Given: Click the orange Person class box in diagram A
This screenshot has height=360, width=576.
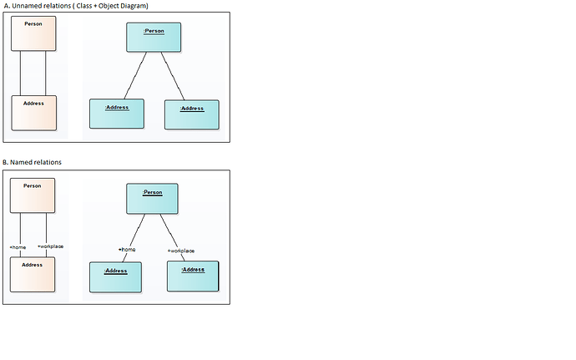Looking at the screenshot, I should coord(33,33).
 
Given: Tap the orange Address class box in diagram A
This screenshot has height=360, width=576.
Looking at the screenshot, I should coord(33,113).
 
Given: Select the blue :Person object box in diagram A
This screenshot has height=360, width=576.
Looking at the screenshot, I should coord(154,38).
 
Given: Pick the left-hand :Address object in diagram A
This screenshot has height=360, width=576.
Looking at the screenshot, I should coord(116,114).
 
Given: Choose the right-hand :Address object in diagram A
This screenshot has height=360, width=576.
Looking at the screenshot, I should coord(191,114).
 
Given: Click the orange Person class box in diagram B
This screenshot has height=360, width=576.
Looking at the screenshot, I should coord(32,195).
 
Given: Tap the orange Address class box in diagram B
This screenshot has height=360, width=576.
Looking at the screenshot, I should coord(32,274).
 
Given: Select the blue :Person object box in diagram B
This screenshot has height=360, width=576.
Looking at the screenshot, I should coord(153,199).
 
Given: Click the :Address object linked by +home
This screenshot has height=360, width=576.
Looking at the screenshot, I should coord(115,276).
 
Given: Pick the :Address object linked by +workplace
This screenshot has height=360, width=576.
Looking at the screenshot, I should coord(192,276).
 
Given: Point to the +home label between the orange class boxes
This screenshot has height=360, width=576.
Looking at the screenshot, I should coord(18,246).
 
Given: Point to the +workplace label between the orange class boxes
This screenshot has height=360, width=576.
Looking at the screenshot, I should coord(50,246).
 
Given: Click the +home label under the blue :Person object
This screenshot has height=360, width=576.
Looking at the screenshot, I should coord(127,249).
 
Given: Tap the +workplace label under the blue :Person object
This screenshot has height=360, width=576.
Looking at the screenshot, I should coord(180,250).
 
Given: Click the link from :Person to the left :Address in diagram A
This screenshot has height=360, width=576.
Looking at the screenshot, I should coord(135,76).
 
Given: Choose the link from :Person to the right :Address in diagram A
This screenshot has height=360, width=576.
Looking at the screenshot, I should coord(172,76).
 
